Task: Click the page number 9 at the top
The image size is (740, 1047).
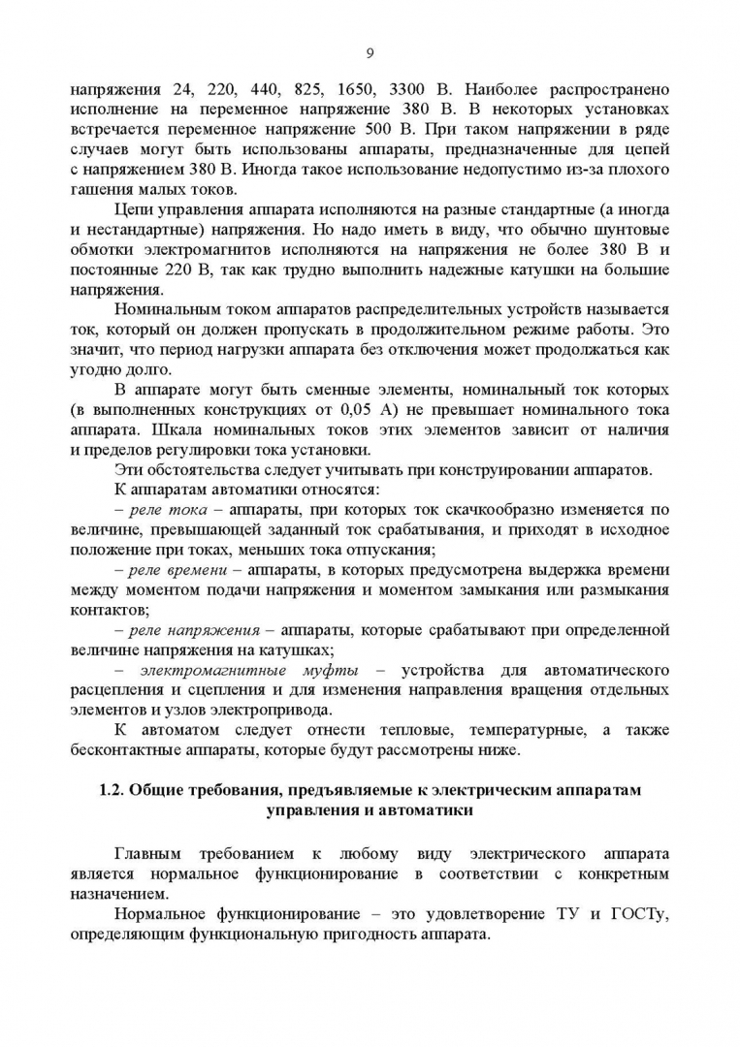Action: (370, 52)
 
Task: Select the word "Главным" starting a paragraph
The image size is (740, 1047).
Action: (146, 854)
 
